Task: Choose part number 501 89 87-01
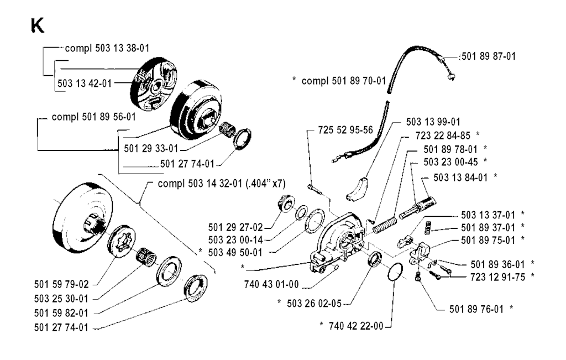[489, 56]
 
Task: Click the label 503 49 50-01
[242, 252]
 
